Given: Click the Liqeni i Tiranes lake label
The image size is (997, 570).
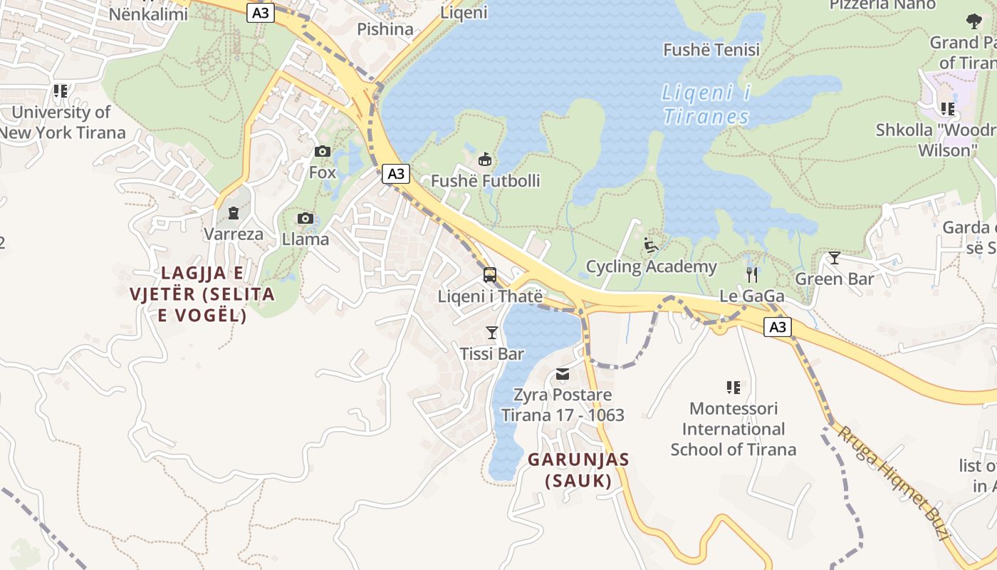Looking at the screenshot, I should coord(706,104).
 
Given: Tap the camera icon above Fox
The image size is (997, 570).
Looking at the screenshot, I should coord(323,151).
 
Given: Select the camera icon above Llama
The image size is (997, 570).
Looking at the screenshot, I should coord(306,218).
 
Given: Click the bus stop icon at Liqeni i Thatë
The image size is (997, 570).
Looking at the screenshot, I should coord(490,275).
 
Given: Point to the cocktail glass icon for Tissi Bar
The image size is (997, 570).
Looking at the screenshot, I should coord(491,332).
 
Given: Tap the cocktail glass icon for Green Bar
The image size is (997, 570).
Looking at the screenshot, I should coord(835,257).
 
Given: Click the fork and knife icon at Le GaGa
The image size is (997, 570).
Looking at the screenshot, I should coord(752,274).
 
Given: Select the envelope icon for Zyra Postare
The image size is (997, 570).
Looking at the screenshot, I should coord(563,373).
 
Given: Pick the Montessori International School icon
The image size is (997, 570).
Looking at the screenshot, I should coord(733,387).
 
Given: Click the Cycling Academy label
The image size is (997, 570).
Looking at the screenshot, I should coord(651,266).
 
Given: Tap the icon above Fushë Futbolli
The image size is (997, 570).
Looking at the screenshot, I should coord(485,159).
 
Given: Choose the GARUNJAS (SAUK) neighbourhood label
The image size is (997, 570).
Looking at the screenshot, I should coord(578,470).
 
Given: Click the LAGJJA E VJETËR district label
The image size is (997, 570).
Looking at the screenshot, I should coord(202,294).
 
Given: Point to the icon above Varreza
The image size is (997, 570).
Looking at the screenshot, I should coord(233,212).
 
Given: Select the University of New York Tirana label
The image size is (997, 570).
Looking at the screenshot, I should coord(62,122).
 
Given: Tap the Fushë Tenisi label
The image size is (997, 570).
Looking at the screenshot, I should coord(711,50).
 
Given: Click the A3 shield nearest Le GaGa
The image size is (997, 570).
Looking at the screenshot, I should coord(778,326).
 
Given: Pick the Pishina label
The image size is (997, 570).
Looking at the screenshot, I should coord(385,29).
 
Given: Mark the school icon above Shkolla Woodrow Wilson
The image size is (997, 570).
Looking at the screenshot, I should coord(947,109).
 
